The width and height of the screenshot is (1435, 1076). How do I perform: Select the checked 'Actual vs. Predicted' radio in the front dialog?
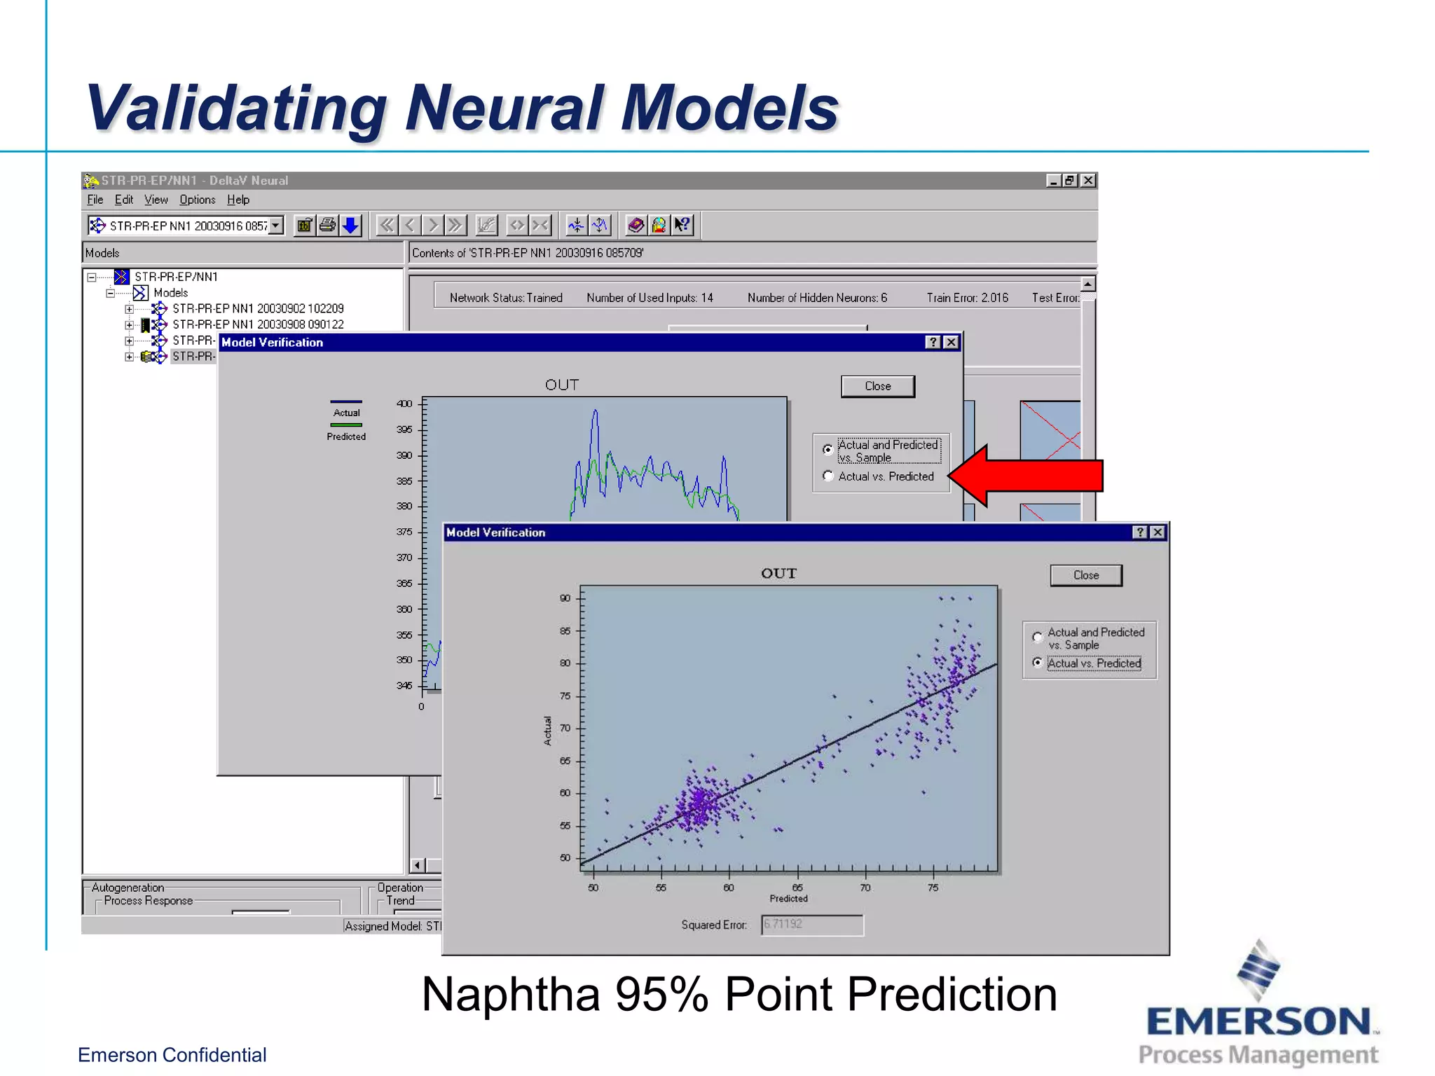point(1038,663)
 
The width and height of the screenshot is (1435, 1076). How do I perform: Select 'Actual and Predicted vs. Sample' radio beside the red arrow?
point(828,449)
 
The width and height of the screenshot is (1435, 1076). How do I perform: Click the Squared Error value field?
point(812,925)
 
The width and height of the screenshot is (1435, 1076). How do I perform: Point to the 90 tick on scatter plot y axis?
point(565,598)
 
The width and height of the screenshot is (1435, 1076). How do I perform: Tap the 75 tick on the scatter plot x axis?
point(933,888)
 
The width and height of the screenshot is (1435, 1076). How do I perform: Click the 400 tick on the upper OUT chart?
point(404,403)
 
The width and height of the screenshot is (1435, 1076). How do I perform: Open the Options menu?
point(197,200)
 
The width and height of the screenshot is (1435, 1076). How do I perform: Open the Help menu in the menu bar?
point(238,200)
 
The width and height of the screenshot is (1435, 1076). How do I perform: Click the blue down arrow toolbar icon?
point(350,226)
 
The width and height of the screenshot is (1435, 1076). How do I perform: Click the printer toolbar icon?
point(327,226)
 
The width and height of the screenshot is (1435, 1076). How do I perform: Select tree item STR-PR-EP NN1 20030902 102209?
point(258,308)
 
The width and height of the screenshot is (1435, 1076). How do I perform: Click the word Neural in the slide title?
point(504,109)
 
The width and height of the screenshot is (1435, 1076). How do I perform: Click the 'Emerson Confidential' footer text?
point(172,1055)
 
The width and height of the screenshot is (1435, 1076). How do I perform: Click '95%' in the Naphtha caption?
point(661,994)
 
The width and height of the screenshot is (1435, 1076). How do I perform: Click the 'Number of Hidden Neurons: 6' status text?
point(817,298)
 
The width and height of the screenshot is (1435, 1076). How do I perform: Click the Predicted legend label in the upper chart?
point(346,436)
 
